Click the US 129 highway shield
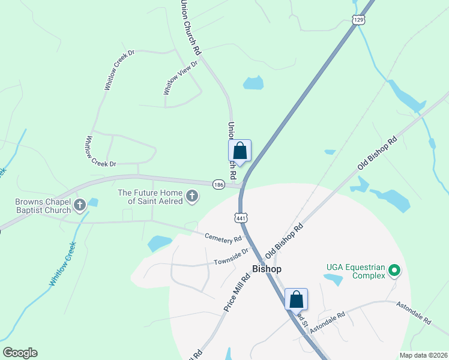358,20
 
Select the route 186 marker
218,185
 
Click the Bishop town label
267,269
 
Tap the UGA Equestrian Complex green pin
394,271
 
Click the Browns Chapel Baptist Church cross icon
79,206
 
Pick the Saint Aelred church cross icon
192,197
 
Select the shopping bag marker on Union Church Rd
240,151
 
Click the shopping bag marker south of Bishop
296,299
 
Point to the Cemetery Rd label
223,239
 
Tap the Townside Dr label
231,257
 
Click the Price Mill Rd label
237,292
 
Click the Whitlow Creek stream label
63,264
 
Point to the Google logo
20,353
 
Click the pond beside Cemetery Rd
160,242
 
